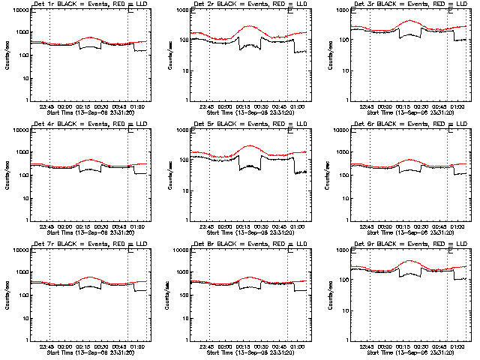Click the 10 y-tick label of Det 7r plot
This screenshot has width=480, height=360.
point(22,318)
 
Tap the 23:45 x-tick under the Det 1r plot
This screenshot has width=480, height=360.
point(46,107)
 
